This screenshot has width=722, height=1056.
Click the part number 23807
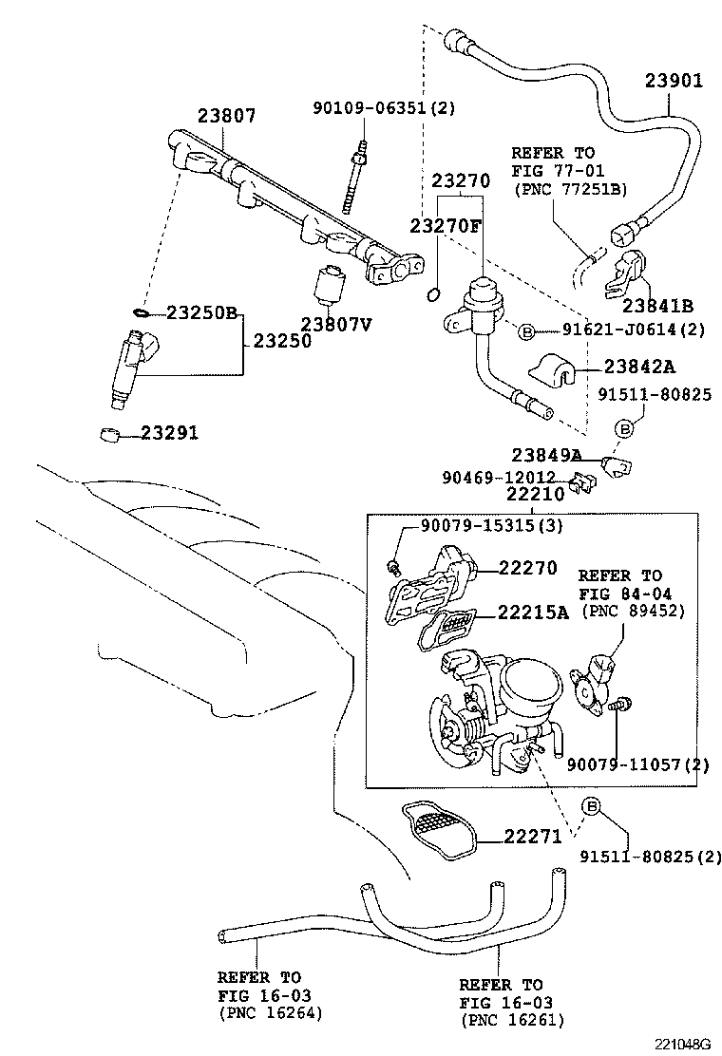(x=226, y=116)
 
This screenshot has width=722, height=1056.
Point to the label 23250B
(x=201, y=312)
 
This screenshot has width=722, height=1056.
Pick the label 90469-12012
(x=499, y=477)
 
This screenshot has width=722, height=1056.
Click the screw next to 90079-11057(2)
(x=618, y=705)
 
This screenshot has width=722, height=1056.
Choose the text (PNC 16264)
(x=271, y=1012)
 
